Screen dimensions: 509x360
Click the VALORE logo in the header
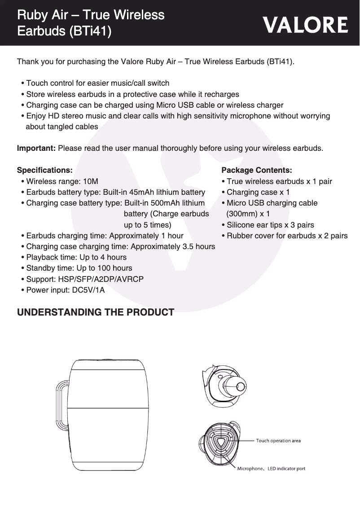point(305,25)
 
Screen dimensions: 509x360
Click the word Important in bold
point(36,148)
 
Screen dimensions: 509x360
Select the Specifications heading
point(44,170)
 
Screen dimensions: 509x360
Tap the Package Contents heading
point(257,170)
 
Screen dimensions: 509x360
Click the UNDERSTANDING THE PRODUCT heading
point(95,312)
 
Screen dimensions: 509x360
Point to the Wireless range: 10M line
point(62,181)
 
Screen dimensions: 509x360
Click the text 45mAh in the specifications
point(142,192)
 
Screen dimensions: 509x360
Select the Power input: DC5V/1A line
point(65,290)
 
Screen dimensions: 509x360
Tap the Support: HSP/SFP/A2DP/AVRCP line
point(84,279)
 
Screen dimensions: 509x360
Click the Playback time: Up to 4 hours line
point(76,257)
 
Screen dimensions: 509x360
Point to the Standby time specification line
point(79,268)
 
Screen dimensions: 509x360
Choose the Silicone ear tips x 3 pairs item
point(270,225)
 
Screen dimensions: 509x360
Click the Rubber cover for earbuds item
point(287,236)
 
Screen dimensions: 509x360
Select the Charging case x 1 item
point(258,192)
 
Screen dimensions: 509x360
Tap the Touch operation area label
point(278,441)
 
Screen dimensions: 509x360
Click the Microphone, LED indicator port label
point(271,469)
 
